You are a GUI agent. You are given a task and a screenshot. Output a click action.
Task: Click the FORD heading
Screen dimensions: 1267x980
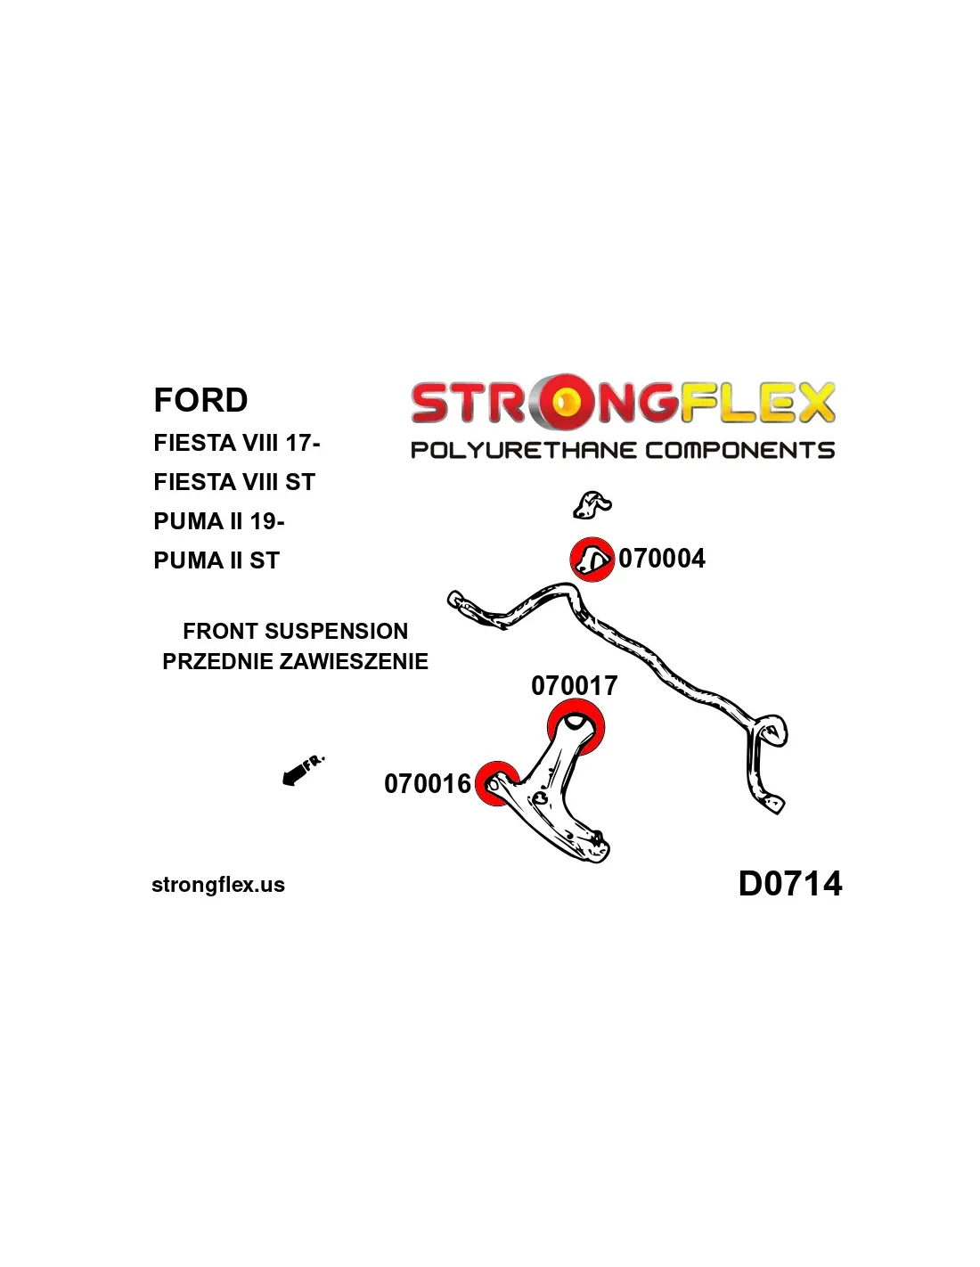200,400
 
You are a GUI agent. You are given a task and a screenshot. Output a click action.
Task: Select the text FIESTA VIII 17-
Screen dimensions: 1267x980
236,443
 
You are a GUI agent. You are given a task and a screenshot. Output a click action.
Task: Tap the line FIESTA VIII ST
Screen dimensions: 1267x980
234,482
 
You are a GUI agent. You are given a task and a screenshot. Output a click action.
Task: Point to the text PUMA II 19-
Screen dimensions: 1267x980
218,521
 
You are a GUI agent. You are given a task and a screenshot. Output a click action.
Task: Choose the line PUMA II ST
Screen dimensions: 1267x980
216,560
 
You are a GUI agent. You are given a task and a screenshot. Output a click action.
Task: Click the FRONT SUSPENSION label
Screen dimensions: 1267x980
295,631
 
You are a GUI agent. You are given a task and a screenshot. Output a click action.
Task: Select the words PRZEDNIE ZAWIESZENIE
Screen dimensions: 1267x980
295,661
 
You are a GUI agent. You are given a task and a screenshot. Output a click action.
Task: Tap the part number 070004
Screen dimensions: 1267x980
662,559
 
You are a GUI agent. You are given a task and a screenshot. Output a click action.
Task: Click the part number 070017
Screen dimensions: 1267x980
574,685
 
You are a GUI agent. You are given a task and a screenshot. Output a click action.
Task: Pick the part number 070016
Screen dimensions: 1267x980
427,784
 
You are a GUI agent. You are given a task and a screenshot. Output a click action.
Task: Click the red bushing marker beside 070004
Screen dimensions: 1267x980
592,560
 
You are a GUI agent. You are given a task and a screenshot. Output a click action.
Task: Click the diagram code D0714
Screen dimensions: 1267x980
789,884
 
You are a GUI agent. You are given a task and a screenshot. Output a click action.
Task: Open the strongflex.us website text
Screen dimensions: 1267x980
218,885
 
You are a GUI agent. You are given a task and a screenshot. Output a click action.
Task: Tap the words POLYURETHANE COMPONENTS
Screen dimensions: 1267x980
622,450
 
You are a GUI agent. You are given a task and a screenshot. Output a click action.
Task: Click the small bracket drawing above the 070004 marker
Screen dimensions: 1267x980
591,505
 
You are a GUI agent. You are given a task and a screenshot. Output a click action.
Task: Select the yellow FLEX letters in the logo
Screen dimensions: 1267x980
758,403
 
